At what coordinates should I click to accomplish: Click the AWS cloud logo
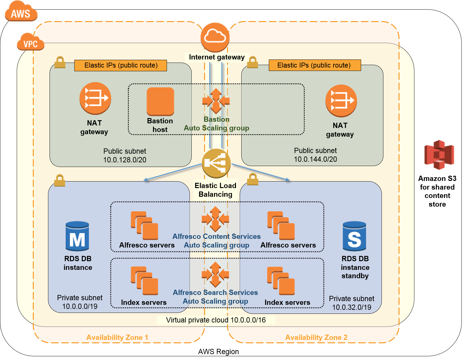click(21, 12)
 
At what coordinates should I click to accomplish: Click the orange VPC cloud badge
click(30, 43)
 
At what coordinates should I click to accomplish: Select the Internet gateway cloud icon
click(215, 37)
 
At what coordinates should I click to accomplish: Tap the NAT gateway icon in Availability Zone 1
click(95, 98)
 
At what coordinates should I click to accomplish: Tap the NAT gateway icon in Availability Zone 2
click(341, 101)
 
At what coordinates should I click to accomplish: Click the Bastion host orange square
click(160, 101)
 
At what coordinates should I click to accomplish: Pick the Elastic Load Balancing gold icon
click(216, 163)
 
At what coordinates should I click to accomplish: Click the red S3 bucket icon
click(439, 155)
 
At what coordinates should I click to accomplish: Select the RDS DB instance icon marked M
click(77, 236)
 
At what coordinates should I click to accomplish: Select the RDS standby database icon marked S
click(354, 236)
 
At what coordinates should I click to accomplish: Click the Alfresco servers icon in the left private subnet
click(144, 226)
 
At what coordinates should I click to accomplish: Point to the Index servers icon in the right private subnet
click(281, 281)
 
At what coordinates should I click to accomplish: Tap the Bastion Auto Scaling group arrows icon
click(216, 101)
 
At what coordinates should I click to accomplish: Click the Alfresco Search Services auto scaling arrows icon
click(215, 274)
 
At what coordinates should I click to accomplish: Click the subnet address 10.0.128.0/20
click(124, 160)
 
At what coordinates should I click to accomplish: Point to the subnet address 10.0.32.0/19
click(352, 307)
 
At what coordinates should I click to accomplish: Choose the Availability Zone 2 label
click(316, 337)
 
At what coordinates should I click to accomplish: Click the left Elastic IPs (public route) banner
click(120, 65)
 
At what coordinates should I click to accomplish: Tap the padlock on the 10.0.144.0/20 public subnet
click(252, 62)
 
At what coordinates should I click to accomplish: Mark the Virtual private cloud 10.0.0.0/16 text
click(216, 320)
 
